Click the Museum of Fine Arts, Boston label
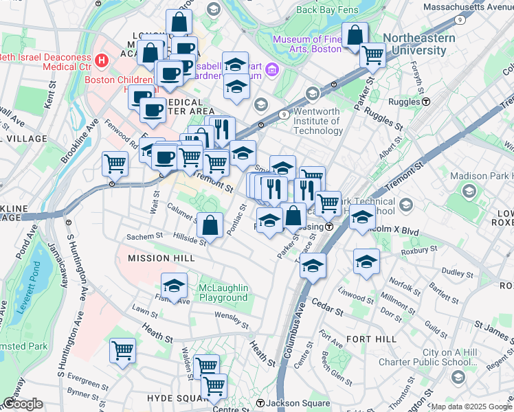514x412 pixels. point(307,44)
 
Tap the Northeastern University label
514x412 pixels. point(418,44)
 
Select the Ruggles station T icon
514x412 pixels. point(426,101)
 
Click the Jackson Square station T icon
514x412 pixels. point(260,402)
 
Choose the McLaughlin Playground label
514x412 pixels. point(223,293)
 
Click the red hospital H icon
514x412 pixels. point(102,60)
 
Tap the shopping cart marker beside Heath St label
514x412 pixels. point(123,351)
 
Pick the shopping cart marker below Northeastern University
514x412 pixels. point(372,54)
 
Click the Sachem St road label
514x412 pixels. point(144,237)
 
